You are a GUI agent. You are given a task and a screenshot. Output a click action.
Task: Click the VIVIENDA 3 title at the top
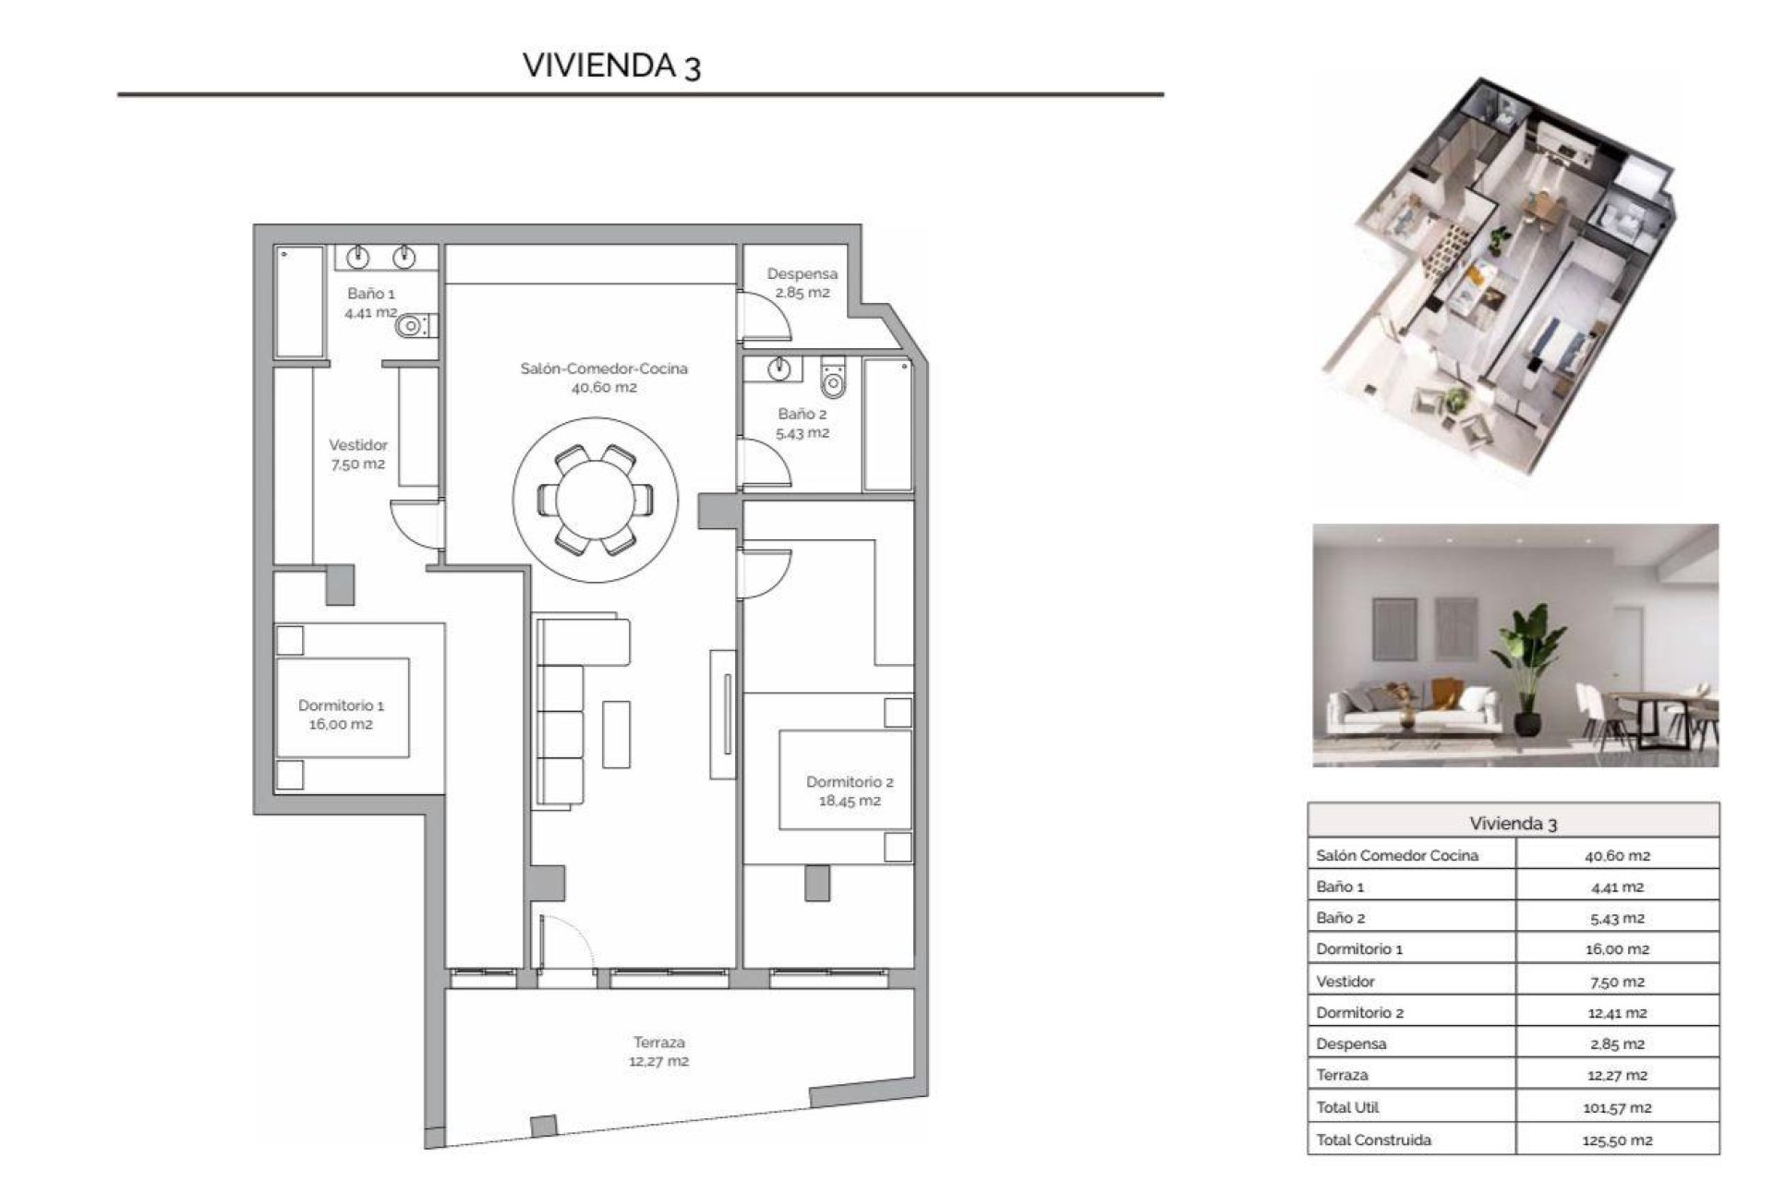click(611, 66)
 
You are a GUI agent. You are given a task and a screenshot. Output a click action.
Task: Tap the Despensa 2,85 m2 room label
click(802, 283)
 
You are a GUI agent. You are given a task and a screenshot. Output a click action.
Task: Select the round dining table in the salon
click(596, 500)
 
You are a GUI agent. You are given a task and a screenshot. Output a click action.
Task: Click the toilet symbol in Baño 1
click(412, 325)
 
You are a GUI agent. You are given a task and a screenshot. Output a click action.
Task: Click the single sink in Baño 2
click(780, 369)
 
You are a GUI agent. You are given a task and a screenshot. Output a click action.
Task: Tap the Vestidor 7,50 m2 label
click(358, 454)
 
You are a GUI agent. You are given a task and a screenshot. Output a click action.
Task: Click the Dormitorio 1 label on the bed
click(341, 714)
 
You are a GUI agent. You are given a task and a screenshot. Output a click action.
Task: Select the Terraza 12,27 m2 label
click(658, 1051)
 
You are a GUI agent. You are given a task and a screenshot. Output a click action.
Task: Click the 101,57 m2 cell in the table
click(1616, 1107)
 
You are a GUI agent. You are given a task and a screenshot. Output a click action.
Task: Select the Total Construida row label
click(1373, 1140)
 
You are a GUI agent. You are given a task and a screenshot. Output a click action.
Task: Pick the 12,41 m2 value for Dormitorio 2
click(1616, 1013)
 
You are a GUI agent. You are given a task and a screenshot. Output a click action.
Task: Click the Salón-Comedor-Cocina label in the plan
click(603, 377)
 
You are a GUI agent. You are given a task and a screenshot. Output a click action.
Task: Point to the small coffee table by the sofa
click(616, 734)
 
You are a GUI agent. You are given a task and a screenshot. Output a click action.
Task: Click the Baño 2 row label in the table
click(1340, 918)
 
